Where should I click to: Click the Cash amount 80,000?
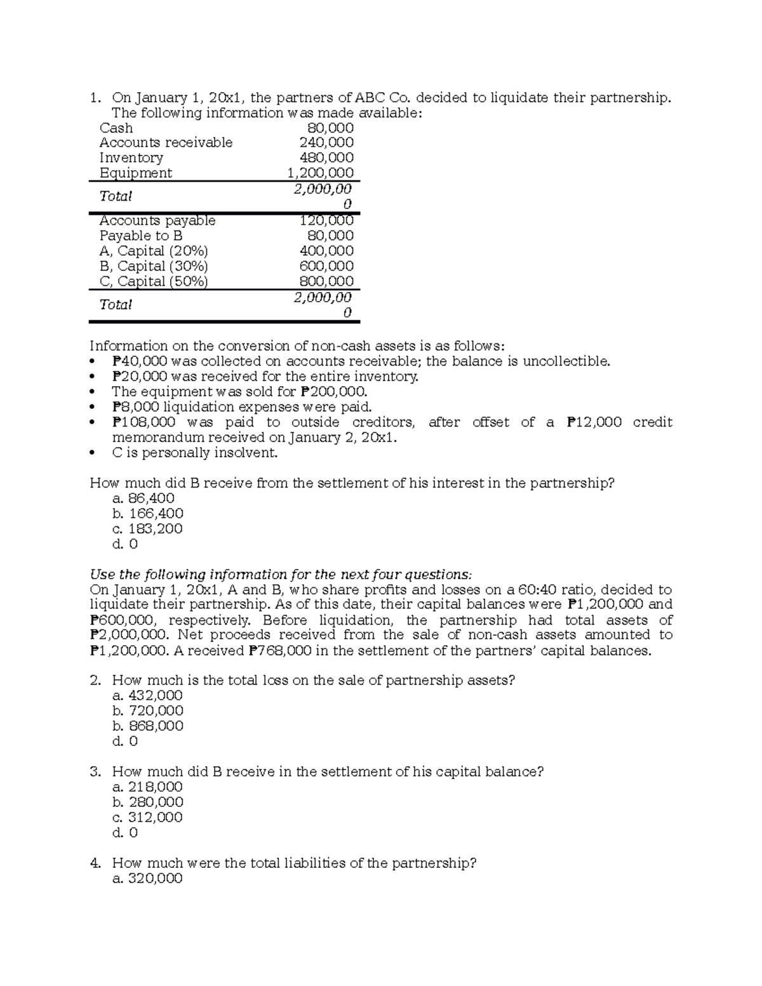[x=330, y=128]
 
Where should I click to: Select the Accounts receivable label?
[x=166, y=142]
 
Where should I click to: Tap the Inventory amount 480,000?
[x=326, y=157]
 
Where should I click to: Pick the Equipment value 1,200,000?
[x=321, y=173]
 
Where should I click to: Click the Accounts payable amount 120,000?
[x=326, y=220]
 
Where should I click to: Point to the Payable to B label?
[x=140, y=236]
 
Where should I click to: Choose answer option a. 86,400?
[x=143, y=498]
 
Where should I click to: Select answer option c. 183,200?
[x=147, y=529]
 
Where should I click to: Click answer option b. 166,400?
[x=147, y=514]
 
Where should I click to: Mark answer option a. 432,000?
[x=147, y=696]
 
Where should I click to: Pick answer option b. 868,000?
[x=147, y=726]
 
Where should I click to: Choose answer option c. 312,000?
[x=147, y=818]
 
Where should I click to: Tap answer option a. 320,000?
[x=147, y=879]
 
